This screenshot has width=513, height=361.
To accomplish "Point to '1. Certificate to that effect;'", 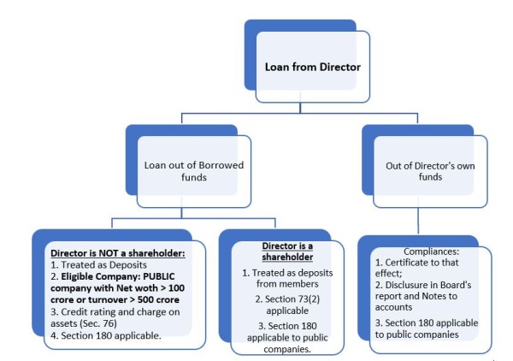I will coord(412,265).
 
